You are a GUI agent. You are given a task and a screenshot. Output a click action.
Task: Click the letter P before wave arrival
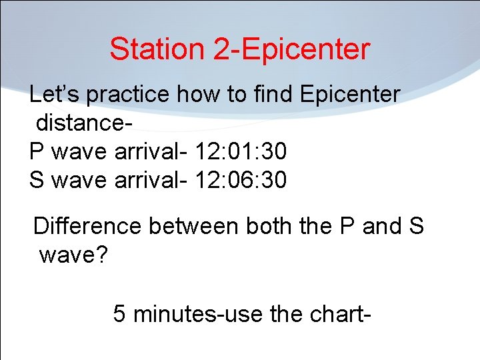point(37,152)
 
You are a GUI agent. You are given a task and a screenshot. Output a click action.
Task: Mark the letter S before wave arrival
point(37,180)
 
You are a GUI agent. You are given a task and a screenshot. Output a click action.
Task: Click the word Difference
point(87,227)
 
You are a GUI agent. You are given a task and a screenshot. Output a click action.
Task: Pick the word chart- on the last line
point(335,313)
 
